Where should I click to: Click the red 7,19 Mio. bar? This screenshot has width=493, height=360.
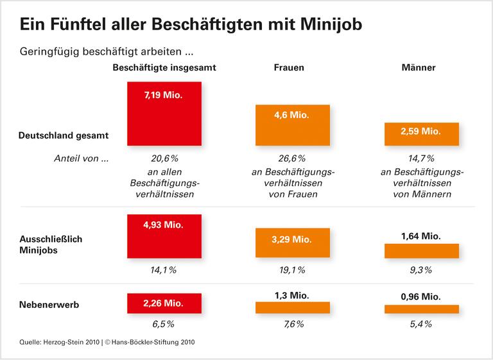click(165, 114)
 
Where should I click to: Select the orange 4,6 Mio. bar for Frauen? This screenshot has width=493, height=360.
click(293, 126)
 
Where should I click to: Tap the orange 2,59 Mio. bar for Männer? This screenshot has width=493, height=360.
click(421, 133)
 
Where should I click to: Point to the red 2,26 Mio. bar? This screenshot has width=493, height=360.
click(165, 303)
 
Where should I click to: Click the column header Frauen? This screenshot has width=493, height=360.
click(290, 67)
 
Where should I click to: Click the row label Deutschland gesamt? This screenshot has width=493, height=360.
click(64, 135)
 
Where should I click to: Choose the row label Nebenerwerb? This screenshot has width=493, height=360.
click(49, 305)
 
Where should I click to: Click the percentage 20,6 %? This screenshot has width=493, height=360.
click(164, 159)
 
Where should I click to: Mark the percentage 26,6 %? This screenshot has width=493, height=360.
click(293, 159)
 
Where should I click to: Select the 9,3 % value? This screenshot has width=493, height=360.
click(421, 270)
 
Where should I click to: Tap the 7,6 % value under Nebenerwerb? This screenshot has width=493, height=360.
click(293, 324)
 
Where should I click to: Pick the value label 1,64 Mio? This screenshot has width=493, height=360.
click(421, 236)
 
